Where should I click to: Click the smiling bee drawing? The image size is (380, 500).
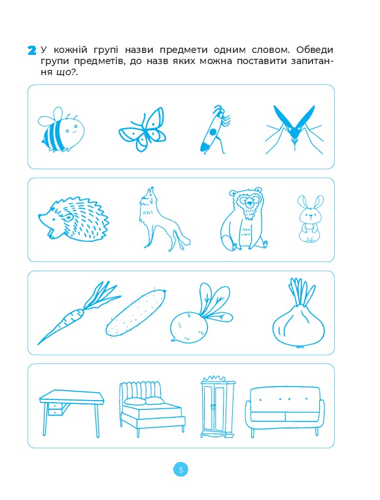62,130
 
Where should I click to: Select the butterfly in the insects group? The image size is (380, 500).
143,129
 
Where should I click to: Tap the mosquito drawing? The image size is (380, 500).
294,130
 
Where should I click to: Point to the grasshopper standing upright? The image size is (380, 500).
214,130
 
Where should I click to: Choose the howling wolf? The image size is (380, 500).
163,218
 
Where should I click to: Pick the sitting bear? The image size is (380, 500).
244,220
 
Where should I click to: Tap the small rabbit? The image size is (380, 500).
310,219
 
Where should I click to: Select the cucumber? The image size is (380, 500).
136,312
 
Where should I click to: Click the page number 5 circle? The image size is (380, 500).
181,470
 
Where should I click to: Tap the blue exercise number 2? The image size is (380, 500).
32,51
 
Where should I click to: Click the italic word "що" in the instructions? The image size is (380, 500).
63,73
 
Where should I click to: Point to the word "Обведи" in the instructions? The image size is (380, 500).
315,50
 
